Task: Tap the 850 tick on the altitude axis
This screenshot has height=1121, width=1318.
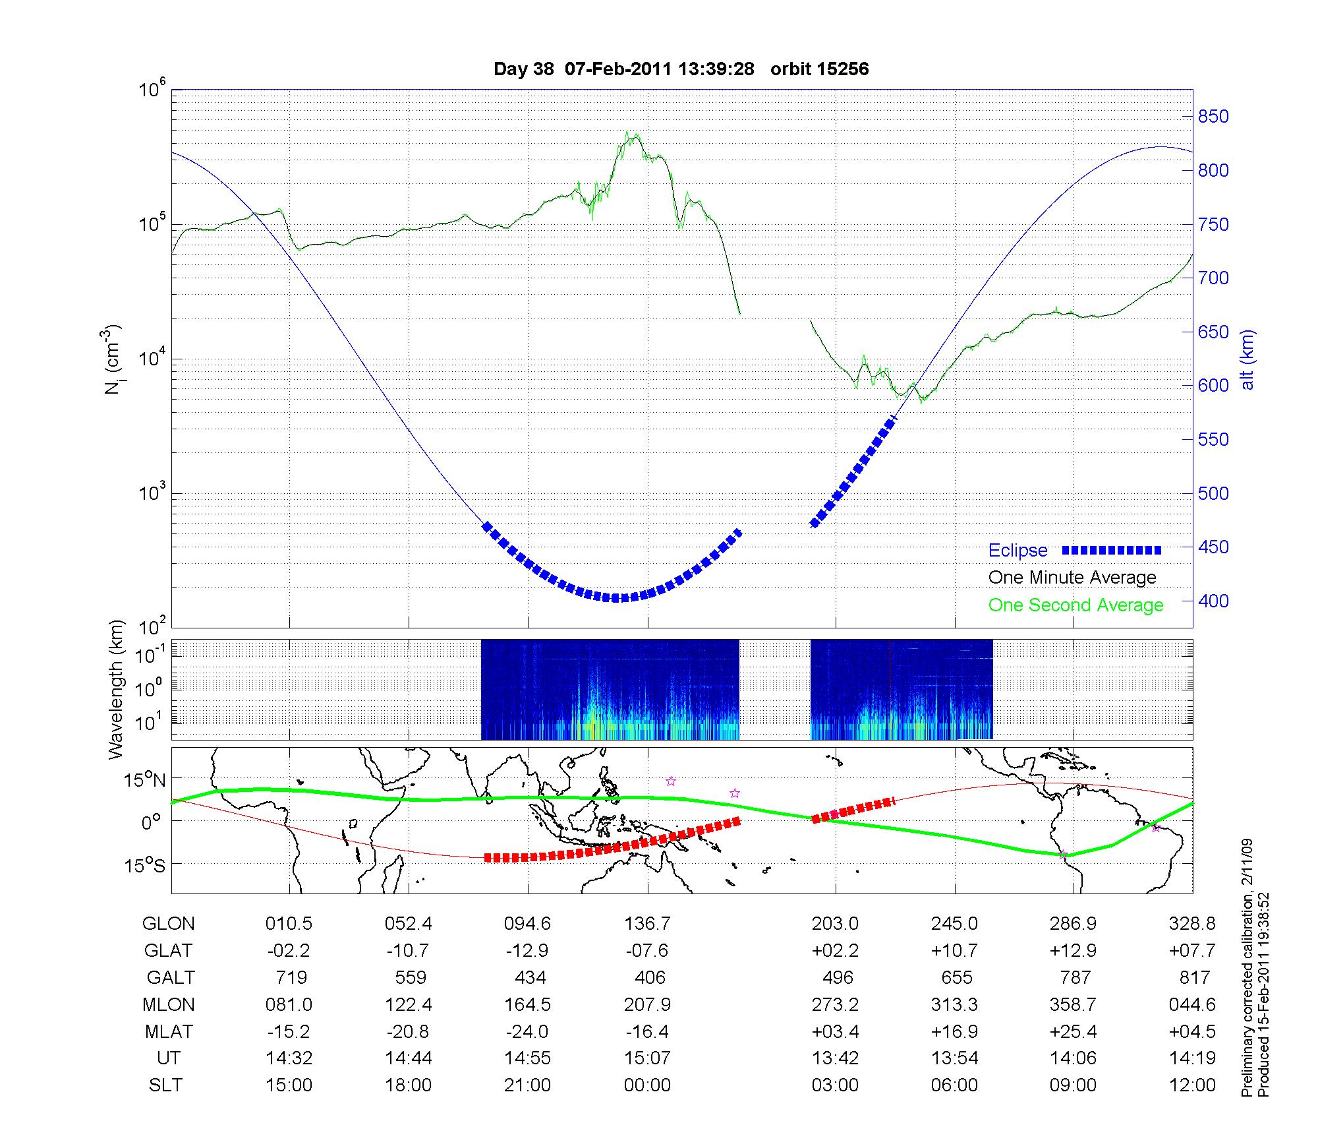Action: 1213,117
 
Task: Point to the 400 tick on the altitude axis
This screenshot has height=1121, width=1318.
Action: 1213,601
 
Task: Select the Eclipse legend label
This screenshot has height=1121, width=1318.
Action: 1017,550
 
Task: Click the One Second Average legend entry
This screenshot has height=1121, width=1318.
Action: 1075,605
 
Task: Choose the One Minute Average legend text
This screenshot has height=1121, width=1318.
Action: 1072,578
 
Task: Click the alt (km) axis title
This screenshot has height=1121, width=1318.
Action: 1247,359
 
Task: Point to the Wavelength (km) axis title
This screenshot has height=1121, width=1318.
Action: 116,690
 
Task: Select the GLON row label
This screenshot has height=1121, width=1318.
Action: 168,924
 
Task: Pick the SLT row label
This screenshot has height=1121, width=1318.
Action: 165,1085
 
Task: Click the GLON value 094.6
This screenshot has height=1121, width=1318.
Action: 527,924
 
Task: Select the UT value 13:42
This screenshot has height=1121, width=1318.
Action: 835,1058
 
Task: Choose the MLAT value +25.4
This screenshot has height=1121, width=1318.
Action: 1074,1031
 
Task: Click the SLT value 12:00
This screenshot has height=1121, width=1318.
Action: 1193,1085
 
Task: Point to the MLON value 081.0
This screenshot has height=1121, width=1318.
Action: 289,1004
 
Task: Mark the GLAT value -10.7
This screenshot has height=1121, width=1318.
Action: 409,950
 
